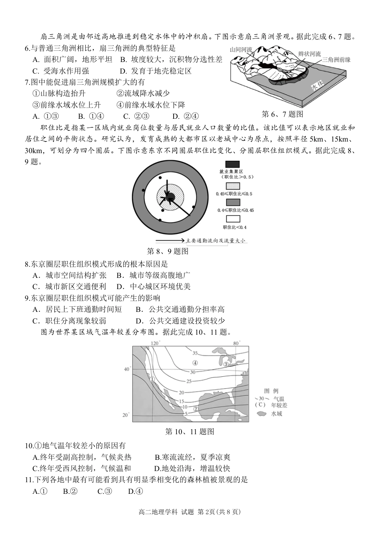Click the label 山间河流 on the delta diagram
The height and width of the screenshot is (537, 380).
241,50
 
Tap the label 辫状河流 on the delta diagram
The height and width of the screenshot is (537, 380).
309,53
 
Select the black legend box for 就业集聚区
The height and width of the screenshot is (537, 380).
232,164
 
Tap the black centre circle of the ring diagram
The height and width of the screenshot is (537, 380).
170,196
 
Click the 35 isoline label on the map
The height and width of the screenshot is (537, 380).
195,353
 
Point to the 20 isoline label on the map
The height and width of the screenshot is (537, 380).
181,393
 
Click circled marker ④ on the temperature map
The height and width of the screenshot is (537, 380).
195,363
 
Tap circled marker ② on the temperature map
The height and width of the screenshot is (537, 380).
196,409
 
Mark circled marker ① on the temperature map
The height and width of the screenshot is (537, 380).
152,379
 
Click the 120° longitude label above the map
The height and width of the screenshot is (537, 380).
155,343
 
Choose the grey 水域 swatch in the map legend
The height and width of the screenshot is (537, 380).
262,413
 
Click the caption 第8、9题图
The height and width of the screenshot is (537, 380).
168,252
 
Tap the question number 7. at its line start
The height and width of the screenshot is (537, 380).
28,82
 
